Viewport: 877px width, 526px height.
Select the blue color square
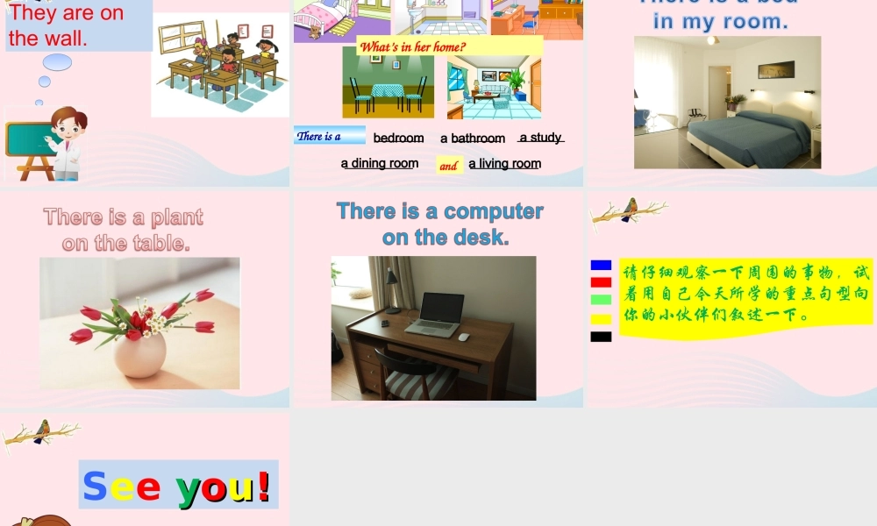pos(601,265)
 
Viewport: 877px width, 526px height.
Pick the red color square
pos(601,282)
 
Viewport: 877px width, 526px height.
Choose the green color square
pos(601,300)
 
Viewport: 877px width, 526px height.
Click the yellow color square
pos(601,319)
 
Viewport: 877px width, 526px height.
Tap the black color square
pos(601,337)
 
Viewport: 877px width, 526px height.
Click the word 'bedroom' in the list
pos(398,138)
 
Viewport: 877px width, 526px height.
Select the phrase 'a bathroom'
pos(473,139)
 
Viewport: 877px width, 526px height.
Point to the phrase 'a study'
pos(541,138)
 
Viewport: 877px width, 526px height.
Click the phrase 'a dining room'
pos(380,163)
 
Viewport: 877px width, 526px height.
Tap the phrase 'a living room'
pos(504,163)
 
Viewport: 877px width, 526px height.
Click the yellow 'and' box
pos(449,166)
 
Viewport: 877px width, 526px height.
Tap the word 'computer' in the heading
pos(494,211)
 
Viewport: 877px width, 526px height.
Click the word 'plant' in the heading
pos(177,217)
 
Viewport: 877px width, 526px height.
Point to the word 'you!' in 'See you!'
pos(224,487)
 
